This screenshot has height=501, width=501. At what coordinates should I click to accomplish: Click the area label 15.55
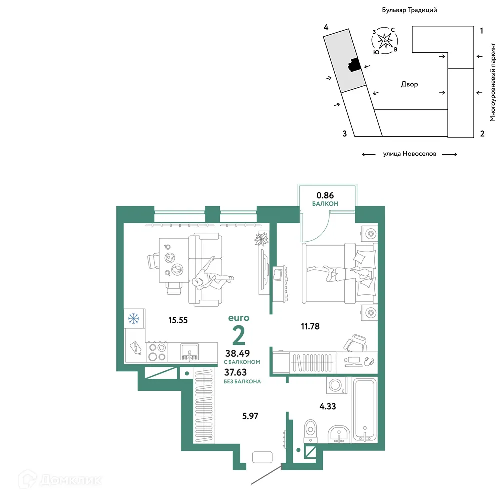click(178, 320)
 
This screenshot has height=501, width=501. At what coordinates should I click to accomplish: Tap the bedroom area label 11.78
click(310, 326)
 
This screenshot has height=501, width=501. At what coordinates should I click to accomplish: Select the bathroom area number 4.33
click(328, 406)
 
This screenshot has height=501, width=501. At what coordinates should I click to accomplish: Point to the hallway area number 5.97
click(250, 416)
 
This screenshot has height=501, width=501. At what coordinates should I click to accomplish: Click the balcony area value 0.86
click(325, 195)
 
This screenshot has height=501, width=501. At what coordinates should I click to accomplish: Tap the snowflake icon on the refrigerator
click(133, 318)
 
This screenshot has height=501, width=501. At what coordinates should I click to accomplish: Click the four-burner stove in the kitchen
click(157, 352)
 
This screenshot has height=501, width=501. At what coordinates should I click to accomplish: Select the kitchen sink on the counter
click(189, 352)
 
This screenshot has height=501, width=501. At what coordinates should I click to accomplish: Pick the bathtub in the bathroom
click(365, 410)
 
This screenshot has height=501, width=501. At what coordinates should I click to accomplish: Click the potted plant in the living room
click(261, 238)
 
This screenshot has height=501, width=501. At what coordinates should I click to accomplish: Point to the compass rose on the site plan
click(385, 41)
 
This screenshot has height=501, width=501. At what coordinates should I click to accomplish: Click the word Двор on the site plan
click(409, 84)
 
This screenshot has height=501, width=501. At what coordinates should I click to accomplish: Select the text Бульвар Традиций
click(409, 10)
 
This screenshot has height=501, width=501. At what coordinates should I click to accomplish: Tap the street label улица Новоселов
click(409, 154)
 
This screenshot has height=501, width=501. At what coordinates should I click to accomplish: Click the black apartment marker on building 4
click(354, 65)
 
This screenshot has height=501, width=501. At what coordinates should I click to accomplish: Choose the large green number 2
click(239, 336)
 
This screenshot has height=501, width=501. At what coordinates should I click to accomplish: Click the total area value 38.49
click(237, 353)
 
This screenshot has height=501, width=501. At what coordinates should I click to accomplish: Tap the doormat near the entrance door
click(262, 457)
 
